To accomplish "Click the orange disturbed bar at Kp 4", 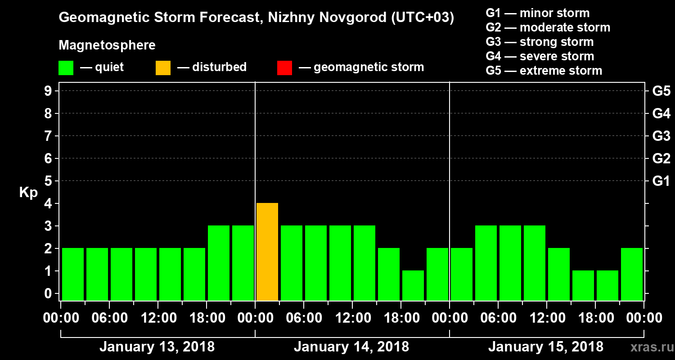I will [x=267, y=252].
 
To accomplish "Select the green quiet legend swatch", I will [x=66, y=68].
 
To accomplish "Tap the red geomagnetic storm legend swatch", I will [x=284, y=68].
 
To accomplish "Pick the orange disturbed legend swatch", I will [x=163, y=68].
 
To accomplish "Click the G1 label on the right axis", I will [x=661, y=181].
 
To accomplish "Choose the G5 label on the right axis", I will [x=661, y=91].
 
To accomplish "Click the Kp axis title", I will [x=28, y=193].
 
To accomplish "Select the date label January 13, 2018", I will [x=157, y=347].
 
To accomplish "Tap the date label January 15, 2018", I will [x=545, y=347].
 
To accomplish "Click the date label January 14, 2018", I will [x=351, y=347].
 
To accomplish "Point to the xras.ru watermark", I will [x=648, y=347].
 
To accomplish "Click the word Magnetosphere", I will [x=107, y=45].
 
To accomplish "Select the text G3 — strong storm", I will [x=540, y=42].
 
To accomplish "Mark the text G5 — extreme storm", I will [x=544, y=71].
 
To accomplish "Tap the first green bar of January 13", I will [x=73, y=274].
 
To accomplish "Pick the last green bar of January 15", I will [x=632, y=274].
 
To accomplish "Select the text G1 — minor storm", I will [x=537, y=13].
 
